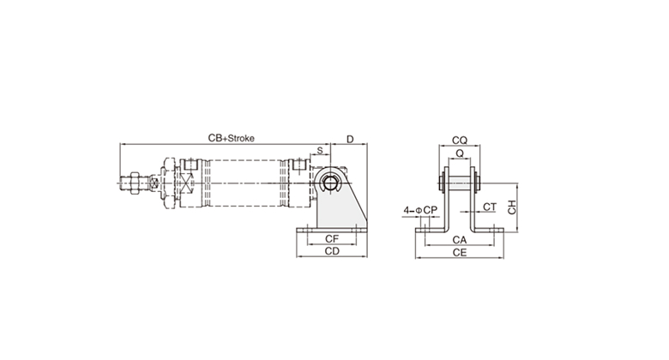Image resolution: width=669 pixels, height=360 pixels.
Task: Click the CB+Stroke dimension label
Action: point(231,138)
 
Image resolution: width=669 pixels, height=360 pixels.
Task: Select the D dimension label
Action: point(350,140)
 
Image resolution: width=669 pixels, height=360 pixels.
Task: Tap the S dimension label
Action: point(320,151)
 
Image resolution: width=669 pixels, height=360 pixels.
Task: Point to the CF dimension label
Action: point(332,239)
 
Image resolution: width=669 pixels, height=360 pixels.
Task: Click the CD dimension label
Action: point(332,251)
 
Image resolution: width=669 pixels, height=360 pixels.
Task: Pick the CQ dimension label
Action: point(460,140)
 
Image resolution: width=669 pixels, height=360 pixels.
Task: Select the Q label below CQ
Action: point(460,153)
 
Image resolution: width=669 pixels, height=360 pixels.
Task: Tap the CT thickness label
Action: point(490,207)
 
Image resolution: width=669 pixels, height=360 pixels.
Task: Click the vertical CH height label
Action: point(511,207)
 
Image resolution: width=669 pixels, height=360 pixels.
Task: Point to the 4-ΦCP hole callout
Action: point(420,210)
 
